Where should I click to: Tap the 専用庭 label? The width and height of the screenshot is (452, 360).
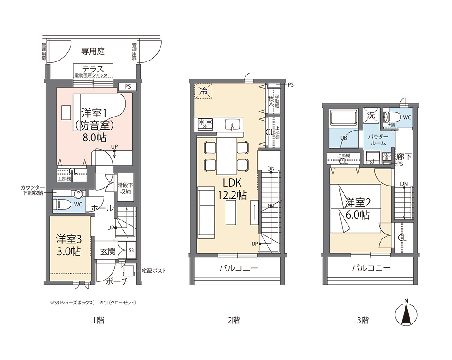(x=93, y=51)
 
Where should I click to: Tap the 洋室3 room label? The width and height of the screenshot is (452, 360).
(x=68, y=238)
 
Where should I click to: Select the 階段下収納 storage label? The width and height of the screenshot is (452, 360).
(x=125, y=188)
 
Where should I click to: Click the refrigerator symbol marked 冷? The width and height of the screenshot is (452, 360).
(x=204, y=90)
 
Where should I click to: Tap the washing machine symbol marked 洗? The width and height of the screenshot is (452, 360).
(x=372, y=115)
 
